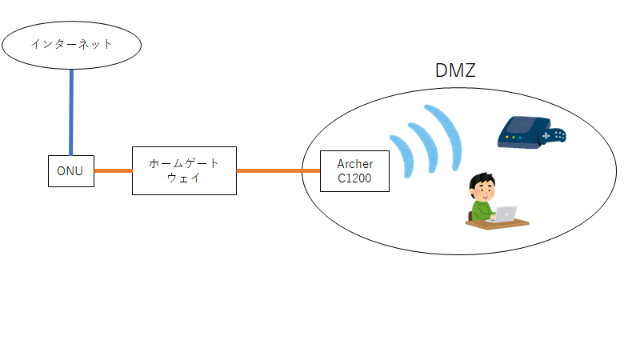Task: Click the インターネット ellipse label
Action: [71, 43]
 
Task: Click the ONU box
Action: [70, 171]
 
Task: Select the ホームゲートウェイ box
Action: [183, 171]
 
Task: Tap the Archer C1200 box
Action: [354, 171]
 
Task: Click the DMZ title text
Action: [455, 70]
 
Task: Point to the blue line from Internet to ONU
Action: [71, 112]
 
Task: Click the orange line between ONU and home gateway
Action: [113, 170]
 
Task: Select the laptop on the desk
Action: [505, 214]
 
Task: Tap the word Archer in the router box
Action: [354, 164]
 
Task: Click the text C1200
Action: [354, 178]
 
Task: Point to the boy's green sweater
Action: [481, 210]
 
